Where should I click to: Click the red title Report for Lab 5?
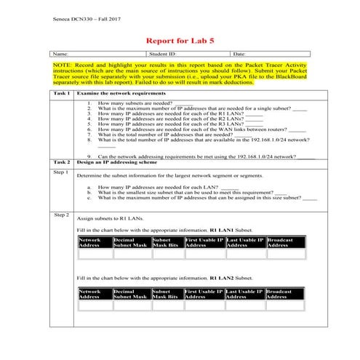(x=179, y=40)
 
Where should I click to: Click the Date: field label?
(x=239, y=54)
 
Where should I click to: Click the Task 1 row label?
(x=62, y=94)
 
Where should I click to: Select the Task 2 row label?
(x=62, y=162)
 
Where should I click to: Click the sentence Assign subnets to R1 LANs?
(x=111, y=218)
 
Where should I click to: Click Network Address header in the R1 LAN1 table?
(x=90, y=243)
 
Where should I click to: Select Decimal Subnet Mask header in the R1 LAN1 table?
(x=130, y=243)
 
